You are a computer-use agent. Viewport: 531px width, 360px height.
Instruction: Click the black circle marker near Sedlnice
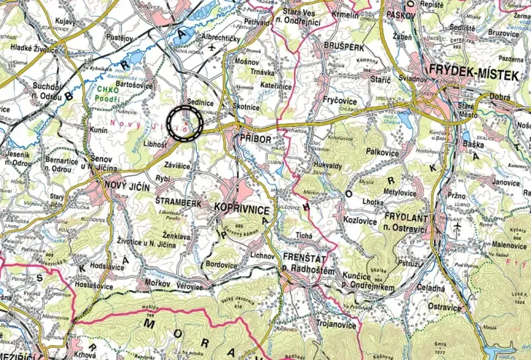click(x=185, y=123)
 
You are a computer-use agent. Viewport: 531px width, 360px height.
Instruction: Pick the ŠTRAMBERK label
click(x=182, y=203)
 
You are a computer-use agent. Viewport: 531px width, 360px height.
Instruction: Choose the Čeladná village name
click(x=432, y=286)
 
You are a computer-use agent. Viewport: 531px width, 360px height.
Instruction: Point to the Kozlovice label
click(x=359, y=220)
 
